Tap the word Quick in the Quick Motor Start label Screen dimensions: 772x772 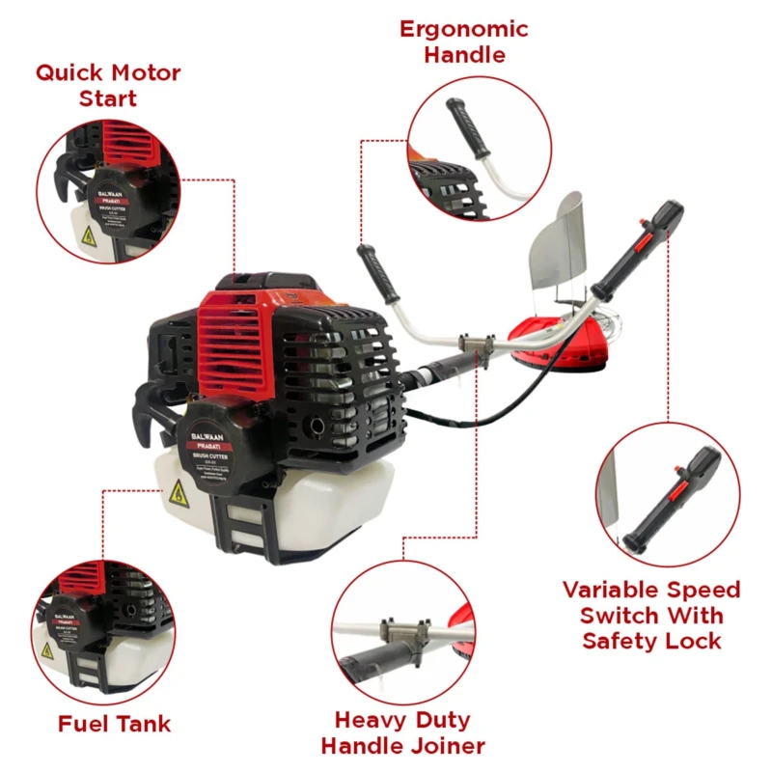coord(70,72)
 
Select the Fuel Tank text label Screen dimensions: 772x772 coord(114,724)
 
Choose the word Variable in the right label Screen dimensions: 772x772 coord(612,590)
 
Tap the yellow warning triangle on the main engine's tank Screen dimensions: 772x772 coord(179,494)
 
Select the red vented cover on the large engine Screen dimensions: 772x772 coord(232,338)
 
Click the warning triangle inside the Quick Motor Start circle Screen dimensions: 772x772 coord(88,234)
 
